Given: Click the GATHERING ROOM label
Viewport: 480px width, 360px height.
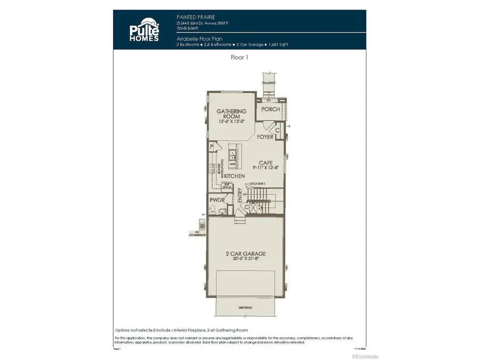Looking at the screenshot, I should point(228,114).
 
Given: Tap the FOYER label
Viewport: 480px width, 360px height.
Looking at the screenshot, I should point(265,137).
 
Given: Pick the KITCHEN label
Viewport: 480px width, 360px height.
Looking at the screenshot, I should point(234,176).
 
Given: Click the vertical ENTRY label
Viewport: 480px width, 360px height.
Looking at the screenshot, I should point(240,200).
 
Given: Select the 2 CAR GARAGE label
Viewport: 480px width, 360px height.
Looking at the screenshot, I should point(245,254).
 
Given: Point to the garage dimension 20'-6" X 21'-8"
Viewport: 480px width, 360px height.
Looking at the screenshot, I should point(245,260).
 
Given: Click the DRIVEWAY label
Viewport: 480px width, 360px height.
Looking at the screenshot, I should point(245,308).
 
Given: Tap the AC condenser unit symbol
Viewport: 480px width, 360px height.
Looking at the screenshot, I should point(201,222).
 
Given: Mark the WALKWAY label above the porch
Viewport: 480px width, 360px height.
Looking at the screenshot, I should point(268,83).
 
